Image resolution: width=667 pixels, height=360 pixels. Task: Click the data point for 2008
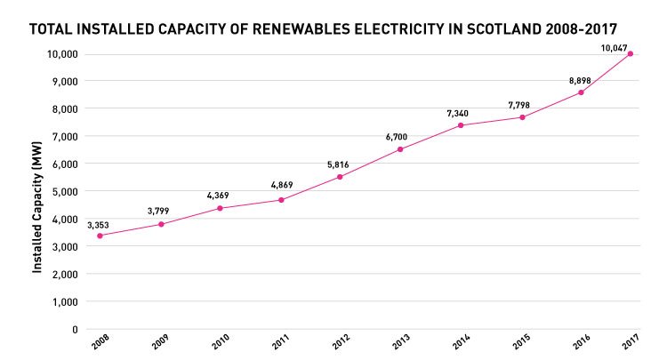[100, 236]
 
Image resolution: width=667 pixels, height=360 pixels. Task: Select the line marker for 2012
[340, 177]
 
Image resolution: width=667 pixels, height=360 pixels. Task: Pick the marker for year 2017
[631, 53]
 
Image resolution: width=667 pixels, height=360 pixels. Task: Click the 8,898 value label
[580, 81]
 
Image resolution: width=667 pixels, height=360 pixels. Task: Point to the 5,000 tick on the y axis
[63, 191]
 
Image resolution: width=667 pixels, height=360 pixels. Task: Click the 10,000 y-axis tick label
[60, 54]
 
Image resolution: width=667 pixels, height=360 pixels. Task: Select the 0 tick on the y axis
[75, 329]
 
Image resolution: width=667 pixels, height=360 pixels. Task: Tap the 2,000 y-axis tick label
[63, 274]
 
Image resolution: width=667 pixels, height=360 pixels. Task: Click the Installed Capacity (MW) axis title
[38, 190]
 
